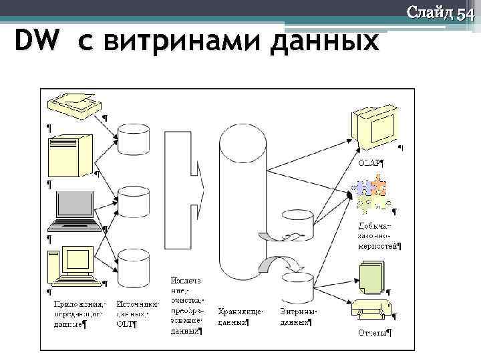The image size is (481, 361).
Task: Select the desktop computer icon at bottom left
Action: point(71,265)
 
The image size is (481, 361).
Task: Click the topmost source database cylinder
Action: point(133,138)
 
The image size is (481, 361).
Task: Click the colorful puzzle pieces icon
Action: point(371,193)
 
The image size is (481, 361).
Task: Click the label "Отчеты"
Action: point(373,332)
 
